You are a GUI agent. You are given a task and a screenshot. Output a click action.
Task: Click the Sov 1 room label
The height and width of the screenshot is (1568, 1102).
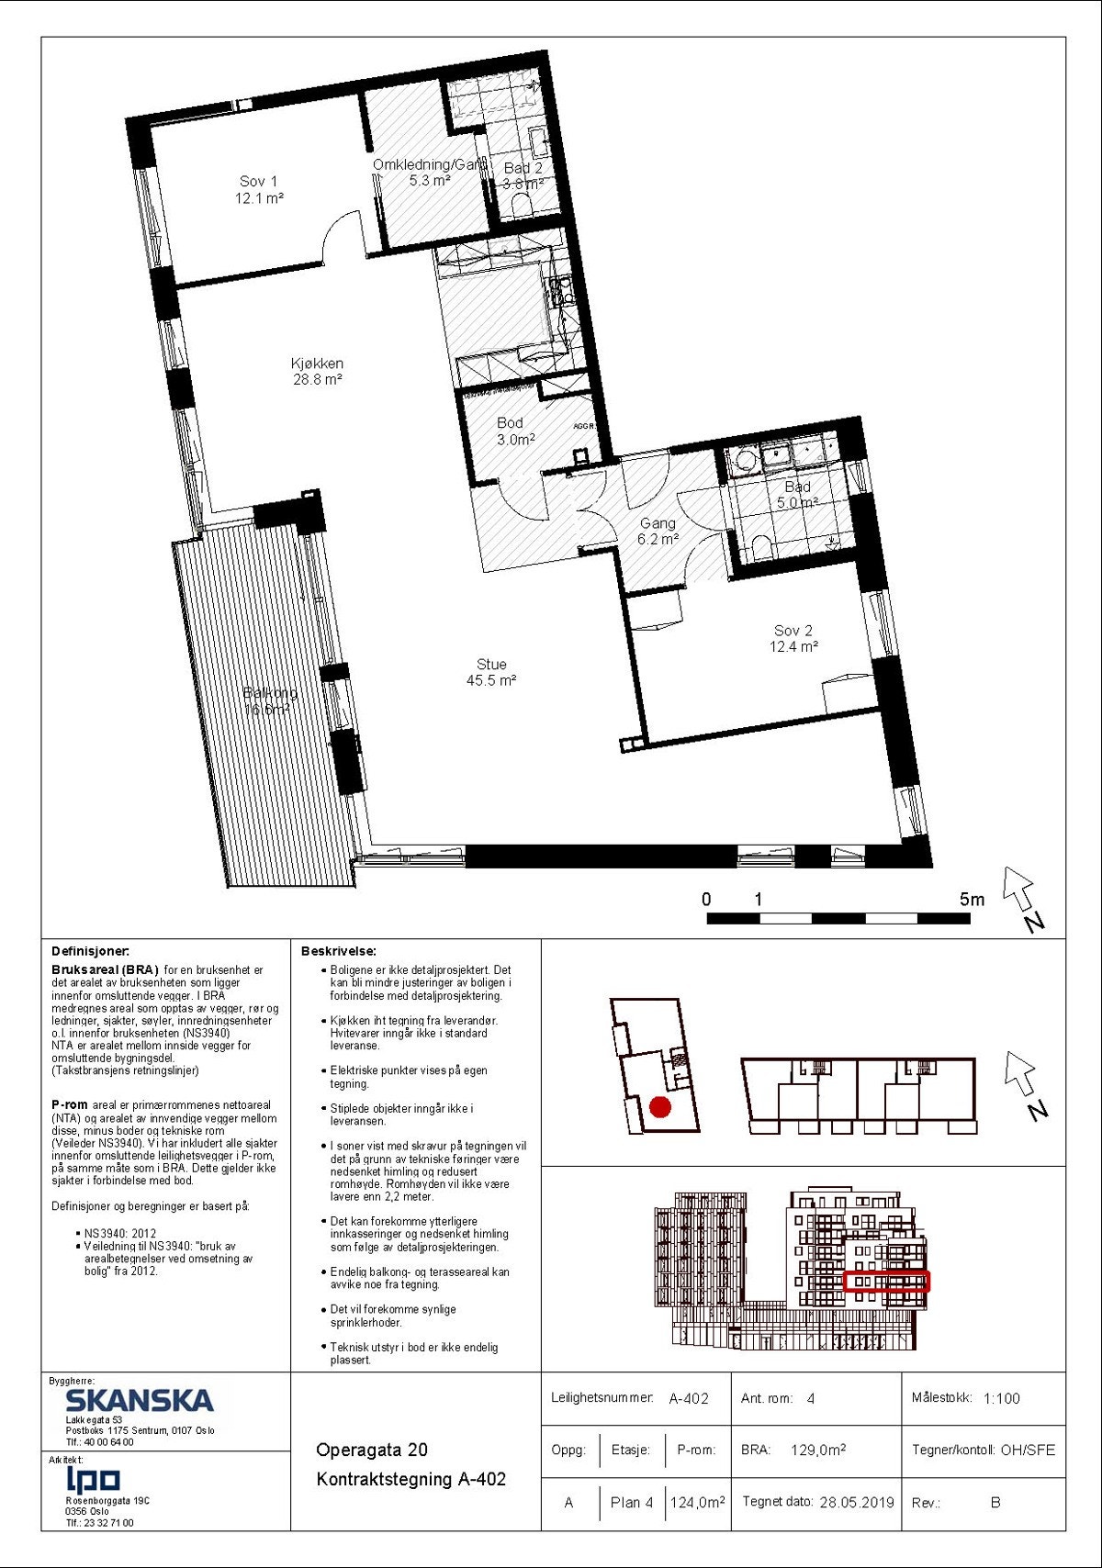click(x=259, y=189)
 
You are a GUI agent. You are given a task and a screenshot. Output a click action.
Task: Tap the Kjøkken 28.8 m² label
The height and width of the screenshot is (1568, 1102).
click(x=317, y=371)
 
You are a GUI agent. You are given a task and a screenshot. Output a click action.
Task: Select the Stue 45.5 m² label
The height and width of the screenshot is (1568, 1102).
click(x=491, y=672)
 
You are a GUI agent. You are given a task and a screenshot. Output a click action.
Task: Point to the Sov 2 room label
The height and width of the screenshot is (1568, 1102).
click(x=793, y=638)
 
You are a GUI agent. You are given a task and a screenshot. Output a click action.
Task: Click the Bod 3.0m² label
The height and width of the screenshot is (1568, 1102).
click(x=511, y=431)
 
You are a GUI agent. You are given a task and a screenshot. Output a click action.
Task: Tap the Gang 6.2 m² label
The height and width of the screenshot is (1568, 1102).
click(x=658, y=531)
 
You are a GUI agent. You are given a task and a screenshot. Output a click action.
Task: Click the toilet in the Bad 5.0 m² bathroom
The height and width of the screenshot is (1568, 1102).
click(x=761, y=548)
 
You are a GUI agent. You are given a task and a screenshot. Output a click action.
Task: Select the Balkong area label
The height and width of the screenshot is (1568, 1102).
click(x=270, y=700)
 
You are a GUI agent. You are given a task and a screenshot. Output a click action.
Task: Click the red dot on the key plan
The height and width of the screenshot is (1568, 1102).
click(x=659, y=1107)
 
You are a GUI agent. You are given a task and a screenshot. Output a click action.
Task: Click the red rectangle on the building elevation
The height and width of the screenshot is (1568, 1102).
click(x=886, y=1281)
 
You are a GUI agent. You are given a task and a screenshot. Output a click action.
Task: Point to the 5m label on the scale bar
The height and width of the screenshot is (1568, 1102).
click(x=972, y=900)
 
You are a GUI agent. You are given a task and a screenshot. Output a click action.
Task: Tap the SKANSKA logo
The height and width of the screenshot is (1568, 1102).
click(x=140, y=1400)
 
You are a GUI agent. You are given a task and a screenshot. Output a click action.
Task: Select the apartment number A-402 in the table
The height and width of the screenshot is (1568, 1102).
click(x=689, y=1398)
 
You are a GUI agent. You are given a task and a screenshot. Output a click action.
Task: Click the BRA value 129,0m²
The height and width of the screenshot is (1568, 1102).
click(x=817, y=1450)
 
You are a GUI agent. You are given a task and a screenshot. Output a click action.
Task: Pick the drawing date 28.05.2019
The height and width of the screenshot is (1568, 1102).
click(x=856, y=1503)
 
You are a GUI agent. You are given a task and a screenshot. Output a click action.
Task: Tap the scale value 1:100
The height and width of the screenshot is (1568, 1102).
click(x=1001, y=1398)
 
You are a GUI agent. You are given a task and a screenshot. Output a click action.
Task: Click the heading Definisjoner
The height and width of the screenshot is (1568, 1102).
click(x=91, y=951)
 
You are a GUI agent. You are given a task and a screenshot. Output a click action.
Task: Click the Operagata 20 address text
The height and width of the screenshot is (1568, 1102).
click(x=372, y=1450)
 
